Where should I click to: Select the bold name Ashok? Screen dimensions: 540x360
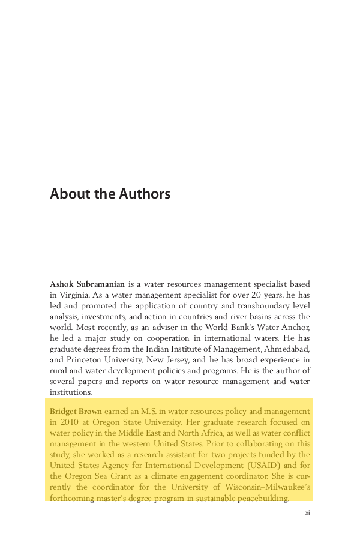pos(62,284)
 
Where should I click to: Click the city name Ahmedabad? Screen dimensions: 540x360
pos(284,349)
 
